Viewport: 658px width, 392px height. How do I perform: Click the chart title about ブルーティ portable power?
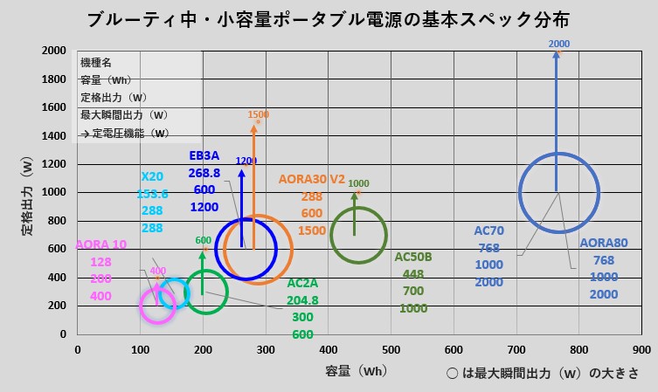(329, 18)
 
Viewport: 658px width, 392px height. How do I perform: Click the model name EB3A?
(205, 156)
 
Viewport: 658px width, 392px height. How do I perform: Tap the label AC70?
(488, 231)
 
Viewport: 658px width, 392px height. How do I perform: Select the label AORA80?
(604, 243)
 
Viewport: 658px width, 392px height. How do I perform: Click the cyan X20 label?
(152, 176)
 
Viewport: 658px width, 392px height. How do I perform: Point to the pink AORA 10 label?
(101, 244)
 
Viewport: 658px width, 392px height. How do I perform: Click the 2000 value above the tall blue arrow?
(559, 43)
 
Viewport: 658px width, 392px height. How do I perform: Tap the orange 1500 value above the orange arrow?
(259, 114)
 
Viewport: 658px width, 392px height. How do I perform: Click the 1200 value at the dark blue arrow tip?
(246, 162)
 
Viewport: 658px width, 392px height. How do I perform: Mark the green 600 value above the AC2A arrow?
(203, 241)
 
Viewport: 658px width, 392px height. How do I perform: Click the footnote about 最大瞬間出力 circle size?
(541, 373)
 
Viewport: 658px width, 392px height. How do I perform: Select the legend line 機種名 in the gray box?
(97, 63)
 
